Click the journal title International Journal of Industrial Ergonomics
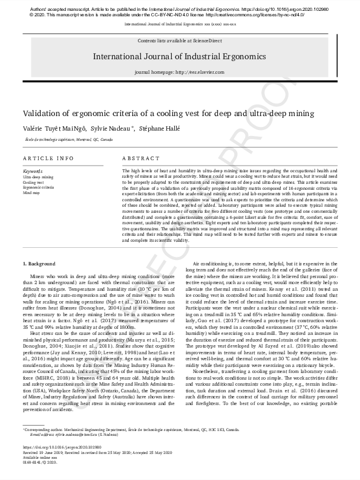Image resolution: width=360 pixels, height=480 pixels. coord(179,56)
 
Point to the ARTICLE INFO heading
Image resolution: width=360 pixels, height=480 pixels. coord(48,158)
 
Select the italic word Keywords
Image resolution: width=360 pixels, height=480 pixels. coord(33,171)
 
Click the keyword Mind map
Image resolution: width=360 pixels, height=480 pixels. coord(32,192)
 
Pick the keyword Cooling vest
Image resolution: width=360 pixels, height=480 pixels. coord(34,182)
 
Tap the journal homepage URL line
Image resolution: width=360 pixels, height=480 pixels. coord(179,72)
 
